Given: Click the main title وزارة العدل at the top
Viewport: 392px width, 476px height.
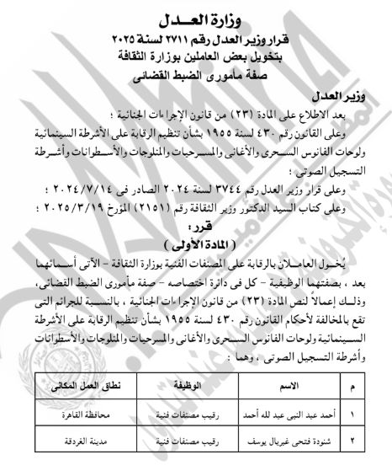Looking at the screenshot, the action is pos(195,20).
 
